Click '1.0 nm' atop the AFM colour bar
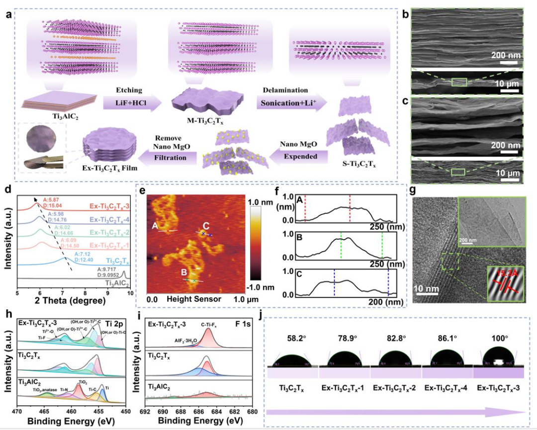(261, 202)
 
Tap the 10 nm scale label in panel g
(427, 288)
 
